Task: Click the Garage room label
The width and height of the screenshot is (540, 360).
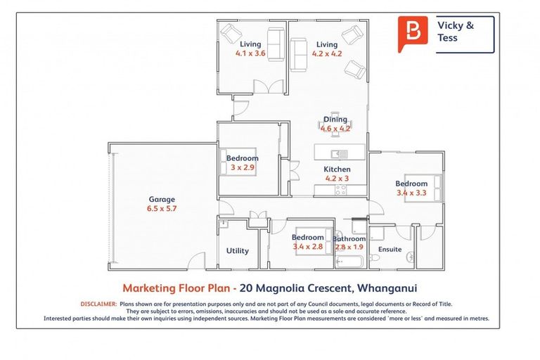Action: (162, 199)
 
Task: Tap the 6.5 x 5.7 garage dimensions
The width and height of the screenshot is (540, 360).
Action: (162, 209)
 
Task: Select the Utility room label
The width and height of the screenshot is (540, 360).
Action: (237, 251)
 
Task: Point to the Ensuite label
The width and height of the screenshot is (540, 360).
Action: (390, 250)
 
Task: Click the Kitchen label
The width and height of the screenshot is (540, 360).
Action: (337, 169)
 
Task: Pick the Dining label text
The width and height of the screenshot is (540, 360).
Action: (335, 120)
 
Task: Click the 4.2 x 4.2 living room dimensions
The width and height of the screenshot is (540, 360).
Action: (327, 53)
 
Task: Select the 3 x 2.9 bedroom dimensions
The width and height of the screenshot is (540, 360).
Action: (242, 168)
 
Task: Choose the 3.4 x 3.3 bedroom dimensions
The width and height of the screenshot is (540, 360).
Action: (411, 193)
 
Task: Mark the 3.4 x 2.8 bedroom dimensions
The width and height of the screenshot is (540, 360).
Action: (307, 246)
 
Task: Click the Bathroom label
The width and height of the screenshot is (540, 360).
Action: (349, 239)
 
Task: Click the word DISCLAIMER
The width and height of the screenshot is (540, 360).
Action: (98, 304)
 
